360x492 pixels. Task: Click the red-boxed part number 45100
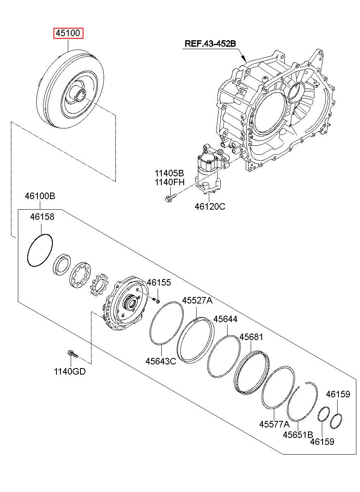pyautogui.click(x=68, y=33)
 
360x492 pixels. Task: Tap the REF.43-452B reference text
pyautogui.click(x=210, y=43)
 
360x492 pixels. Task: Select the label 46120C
pyautogui.click(x=210, y=206)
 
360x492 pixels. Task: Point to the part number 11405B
pyautogui.click(x=169, y=173)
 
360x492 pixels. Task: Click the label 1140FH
pyautogui.click(x=169, y=182)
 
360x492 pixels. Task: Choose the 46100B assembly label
pyautogui.click(x=40, y=196)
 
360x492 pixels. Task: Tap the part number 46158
pyautogui.click(x=42, y=217)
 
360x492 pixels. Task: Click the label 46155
pyautogui.click(x=159, y=282)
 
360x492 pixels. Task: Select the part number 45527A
pyautogui.click(x=197, y=300)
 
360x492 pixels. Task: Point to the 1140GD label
pyautogui.click(x=69, y=371)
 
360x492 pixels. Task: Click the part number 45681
pyautogui.click(x=251, y=337)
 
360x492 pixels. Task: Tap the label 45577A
pyautogui.click(x=275, y=424)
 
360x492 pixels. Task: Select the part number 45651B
pyautogui.click(x=298, y=435)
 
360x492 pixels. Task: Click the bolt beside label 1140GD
pyautogui.click(x=73, y=354)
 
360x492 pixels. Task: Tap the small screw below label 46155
pyautogui.click(x=156, y=300)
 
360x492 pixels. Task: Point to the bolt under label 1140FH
pyautogui.click(x=171, y=198)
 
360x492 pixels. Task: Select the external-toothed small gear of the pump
pyautogui.click(x=100, y=285)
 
